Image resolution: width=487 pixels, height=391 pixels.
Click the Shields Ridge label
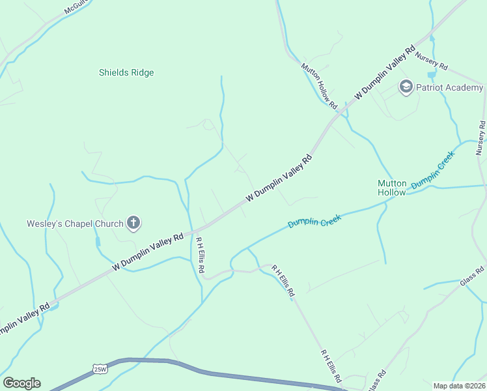126,72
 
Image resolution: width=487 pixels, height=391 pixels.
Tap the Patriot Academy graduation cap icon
406,87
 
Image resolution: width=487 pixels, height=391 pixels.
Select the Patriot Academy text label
449,87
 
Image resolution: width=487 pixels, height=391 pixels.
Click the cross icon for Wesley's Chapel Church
133,224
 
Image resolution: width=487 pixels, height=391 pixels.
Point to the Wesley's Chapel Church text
75,224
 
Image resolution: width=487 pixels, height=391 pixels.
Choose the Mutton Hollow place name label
392,188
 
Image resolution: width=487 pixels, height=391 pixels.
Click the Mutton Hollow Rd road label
319,85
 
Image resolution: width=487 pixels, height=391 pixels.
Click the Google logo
21,383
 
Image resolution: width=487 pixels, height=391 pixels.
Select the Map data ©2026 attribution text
459,386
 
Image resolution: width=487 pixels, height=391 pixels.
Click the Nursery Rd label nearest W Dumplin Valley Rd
432,62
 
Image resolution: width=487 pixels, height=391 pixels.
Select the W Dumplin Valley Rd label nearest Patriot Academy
385,72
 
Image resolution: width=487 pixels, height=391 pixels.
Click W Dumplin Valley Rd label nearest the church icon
148,252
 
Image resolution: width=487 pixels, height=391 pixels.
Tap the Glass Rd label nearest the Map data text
377,380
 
